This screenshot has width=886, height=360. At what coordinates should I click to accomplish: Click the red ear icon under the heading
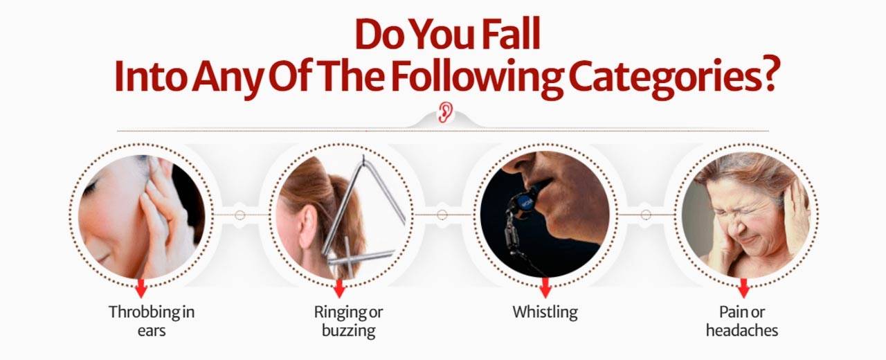[x=445, y=112]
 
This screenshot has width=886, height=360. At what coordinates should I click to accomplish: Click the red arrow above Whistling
[x=545, y=288]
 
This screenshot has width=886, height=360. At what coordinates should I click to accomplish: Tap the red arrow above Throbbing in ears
[x=141, y=288]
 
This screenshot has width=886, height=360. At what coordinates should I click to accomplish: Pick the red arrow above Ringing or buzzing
[x=339, y=288]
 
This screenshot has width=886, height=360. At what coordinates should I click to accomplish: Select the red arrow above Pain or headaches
[x=743, y=288]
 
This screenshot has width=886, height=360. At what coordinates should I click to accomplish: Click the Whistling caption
[x=545, y=312]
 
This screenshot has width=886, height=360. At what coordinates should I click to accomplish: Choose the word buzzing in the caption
[x=348, y=331]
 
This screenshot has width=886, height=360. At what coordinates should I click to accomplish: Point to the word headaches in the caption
[x=742, y=330]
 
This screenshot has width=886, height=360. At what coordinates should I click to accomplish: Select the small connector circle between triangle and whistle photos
[x=442, y=215]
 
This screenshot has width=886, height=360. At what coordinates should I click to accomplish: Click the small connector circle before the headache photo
[x=646, y=215]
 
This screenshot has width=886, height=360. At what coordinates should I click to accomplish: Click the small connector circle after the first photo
[x=239, y=215]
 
